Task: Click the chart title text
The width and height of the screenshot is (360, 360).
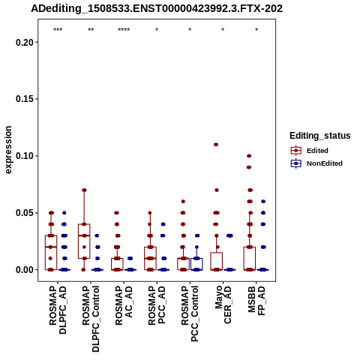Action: pyautogui.click(x=157, y=8)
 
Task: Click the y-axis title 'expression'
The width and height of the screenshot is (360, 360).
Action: pyautogui.click(x=8, y=150)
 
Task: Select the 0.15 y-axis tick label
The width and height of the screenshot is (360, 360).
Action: pyautogui.click(x=25, y=99)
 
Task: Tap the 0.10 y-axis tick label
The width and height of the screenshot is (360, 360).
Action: pyautogui.click(x=25, y=156)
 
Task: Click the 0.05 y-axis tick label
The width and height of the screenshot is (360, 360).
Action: pyautogui.click(x=25, y=213)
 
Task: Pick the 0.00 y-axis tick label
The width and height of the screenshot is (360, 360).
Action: pyautogui.click(x=25, y=270)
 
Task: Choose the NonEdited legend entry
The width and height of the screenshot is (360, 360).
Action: pyautogui.click(x=316, y=163)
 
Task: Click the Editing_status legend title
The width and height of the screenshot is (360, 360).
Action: pyautogui.click(x=320, y=136)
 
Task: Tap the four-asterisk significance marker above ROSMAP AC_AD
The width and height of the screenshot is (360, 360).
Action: pyautogui.click(x=124, y=30)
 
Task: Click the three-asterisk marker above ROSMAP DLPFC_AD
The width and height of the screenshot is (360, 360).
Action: pyautogui.click(x=58, y=30)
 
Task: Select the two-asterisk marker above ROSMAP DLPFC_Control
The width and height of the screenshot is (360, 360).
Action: pyautogui.click(x=91, y=30)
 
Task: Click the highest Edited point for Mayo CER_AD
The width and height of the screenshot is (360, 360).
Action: pyautogui.click(x=216, y=145)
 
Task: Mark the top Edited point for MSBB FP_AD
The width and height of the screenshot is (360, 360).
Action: pyautogui.click(x=249, y=156)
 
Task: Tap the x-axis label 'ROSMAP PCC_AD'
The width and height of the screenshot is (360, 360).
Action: pyautogui.click(x=157, y=305)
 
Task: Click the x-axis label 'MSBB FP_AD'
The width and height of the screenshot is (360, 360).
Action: pyautogui.click(x=256, y=301)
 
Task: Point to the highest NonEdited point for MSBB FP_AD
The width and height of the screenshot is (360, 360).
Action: pyautogui.click(x=263, y=202)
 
